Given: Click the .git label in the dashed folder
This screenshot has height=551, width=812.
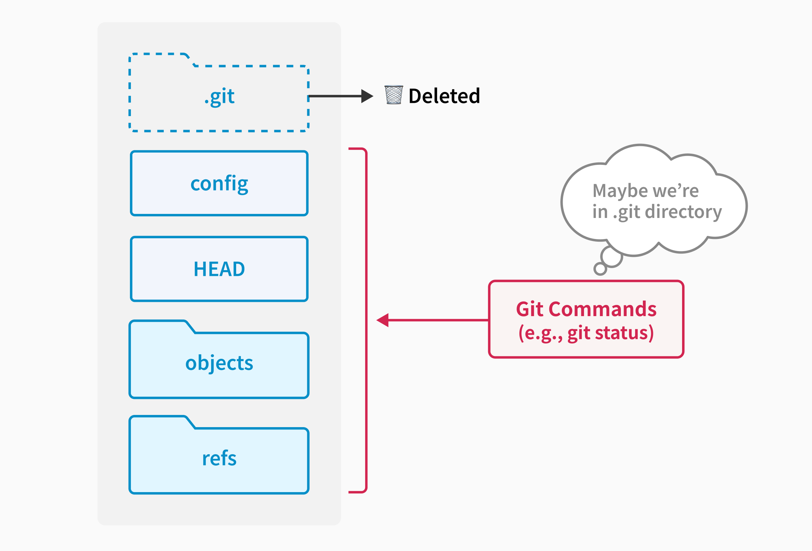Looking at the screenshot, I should [x=220, y=96].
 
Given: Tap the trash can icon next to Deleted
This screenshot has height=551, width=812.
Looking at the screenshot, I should [x=394, y=95].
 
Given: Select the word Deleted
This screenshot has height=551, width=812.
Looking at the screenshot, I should [x=444, y=96].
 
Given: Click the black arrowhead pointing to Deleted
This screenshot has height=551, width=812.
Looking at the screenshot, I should [x=367, y=96].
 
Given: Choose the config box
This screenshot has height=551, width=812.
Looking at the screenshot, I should [x=219, y=183].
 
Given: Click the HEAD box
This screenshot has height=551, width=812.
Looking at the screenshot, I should [x=219, y=269].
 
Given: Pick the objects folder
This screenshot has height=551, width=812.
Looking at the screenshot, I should [x=219, y=363].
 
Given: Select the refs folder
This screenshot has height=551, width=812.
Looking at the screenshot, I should [x=219, y=459].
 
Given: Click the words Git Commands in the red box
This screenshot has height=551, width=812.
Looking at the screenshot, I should [x=586, y=309].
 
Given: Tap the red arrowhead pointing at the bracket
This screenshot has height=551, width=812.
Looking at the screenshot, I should [x=383, y=320].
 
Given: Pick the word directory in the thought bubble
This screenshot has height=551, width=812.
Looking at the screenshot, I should [x=683, y=212].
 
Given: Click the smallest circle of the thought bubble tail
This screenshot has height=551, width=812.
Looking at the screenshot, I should [x=600, y=269].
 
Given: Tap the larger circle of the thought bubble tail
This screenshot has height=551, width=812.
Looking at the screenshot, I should [x=611, y=257].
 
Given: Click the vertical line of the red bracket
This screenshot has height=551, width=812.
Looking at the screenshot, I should [x=366, y=320].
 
